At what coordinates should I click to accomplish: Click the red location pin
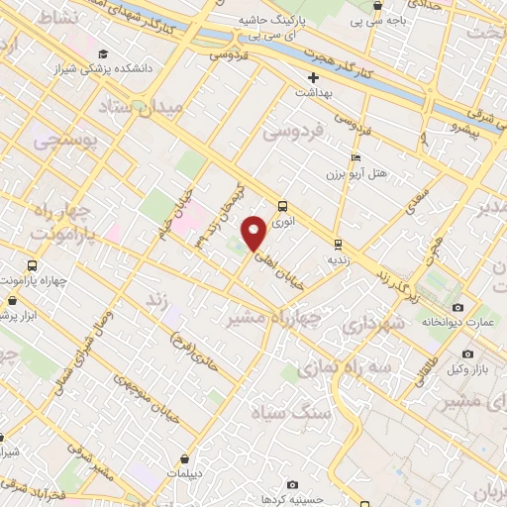point(254,233)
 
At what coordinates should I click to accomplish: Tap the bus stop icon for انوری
point(284,206)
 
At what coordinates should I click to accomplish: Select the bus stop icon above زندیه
point(338,244)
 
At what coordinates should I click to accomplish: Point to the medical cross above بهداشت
point(313,76)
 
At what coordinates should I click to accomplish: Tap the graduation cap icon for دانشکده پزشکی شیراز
point(103,53)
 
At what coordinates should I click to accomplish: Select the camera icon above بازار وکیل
point(467,354)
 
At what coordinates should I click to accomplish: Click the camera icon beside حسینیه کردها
point(293,484)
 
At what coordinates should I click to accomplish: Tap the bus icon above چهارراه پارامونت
point(33,265)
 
